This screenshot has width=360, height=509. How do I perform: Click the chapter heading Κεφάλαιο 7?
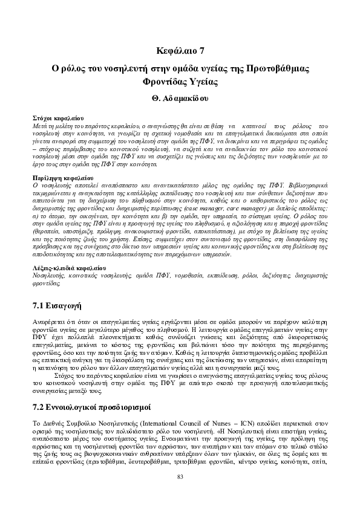(x=180, y=50)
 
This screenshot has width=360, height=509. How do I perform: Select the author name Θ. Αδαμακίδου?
(x=180, y=97)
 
